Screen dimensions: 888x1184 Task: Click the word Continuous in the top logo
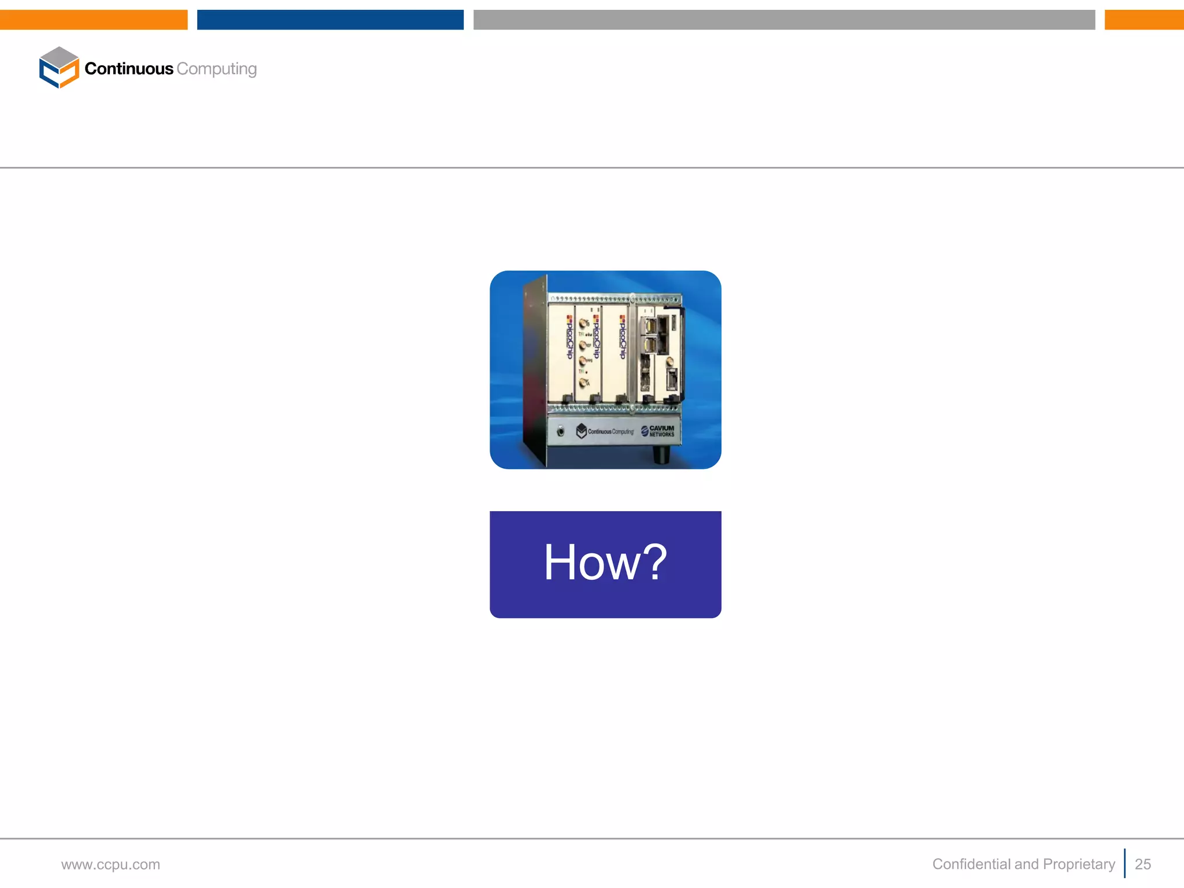click(x=129, y=69)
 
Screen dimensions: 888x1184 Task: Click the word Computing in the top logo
click(x=217, y=69)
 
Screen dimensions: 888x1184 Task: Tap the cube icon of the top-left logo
click(x=59, y=68)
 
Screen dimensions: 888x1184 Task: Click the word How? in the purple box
click(x=605, y=562)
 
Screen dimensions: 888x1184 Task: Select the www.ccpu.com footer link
click(x=110, y=864)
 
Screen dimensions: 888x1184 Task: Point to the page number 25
click(x=1142, y=864)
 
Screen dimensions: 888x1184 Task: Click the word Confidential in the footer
click(x=971, y=864)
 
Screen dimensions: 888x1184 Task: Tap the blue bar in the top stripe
click(x=330, y=20)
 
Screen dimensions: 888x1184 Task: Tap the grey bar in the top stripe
click(x=784, y=20)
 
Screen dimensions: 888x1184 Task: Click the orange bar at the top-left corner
click(x=94, y=20)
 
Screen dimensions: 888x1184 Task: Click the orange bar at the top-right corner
click(x=1144, y=20)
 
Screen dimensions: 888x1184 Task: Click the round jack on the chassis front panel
click(x=560, y=431)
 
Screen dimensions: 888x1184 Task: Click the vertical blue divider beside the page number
click(x=1125, y=863)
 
